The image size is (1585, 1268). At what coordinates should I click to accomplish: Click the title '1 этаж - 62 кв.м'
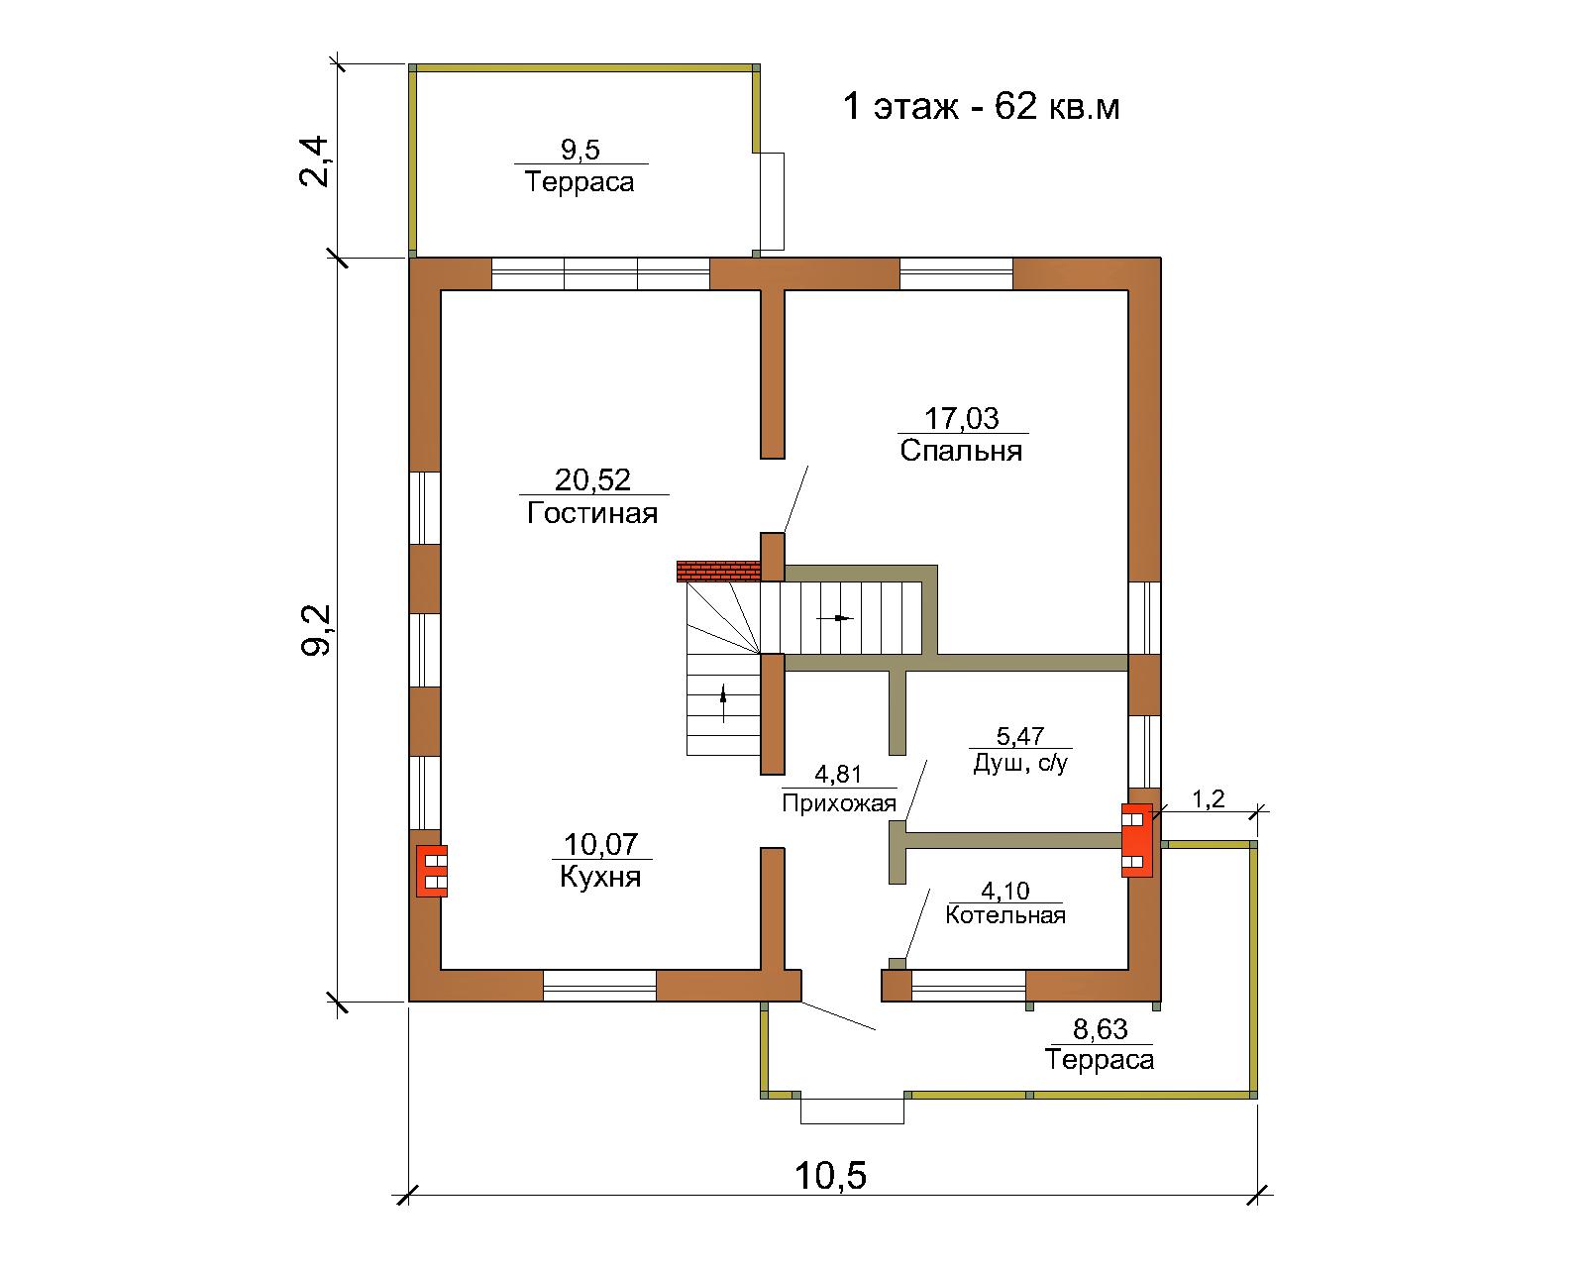coord(981,107)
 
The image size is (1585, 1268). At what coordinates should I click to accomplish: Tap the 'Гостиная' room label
coord(592,513)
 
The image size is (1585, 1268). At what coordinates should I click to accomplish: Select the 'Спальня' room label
coord(961,450)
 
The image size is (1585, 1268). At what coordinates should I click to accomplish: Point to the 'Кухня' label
coord(600,877)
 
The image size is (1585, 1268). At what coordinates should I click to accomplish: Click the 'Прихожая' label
coord(839,803)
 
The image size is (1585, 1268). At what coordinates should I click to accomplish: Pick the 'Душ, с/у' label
coord(1020,764)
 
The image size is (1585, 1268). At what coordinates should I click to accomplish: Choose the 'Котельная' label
coord(1005,915)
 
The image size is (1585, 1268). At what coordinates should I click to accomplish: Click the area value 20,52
coord(593,479)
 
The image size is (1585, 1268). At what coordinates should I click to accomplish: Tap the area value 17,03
coord(962,418)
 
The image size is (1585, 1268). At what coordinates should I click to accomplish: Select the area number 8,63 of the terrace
coord(1101,1029)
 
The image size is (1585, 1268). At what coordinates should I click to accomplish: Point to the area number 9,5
coord(581,150)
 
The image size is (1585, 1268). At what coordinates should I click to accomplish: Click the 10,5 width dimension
coord(831,1176)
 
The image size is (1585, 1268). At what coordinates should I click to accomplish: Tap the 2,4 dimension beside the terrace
coord(314,160)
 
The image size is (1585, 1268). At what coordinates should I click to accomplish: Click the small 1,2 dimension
coord(1208,798)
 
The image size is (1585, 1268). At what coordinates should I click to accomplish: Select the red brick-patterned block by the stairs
coord(718,572)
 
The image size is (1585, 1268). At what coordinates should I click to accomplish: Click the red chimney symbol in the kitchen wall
coord(432,871)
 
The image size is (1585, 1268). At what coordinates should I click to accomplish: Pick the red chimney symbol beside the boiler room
coord(1137,840)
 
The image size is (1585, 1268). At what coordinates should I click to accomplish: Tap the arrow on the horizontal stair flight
coord(835,617)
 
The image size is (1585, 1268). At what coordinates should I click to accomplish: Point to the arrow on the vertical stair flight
coord(723,703)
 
